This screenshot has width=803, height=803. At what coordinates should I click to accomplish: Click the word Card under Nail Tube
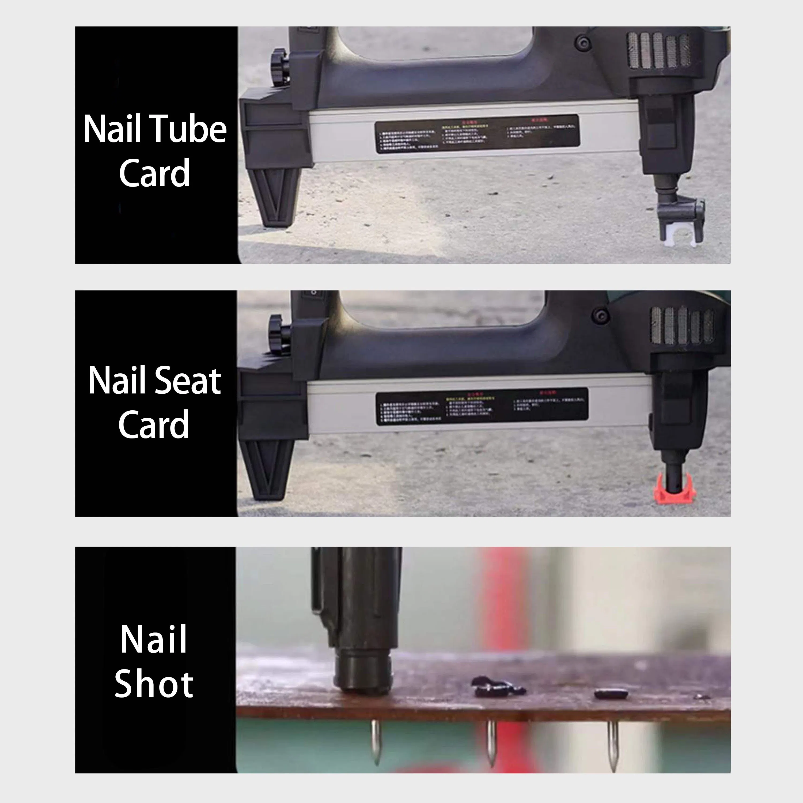coord(154,173)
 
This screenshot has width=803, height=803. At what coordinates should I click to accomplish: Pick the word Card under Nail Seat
coord(153,424)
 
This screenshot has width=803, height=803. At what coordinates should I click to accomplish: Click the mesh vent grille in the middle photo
coord(682,325)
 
